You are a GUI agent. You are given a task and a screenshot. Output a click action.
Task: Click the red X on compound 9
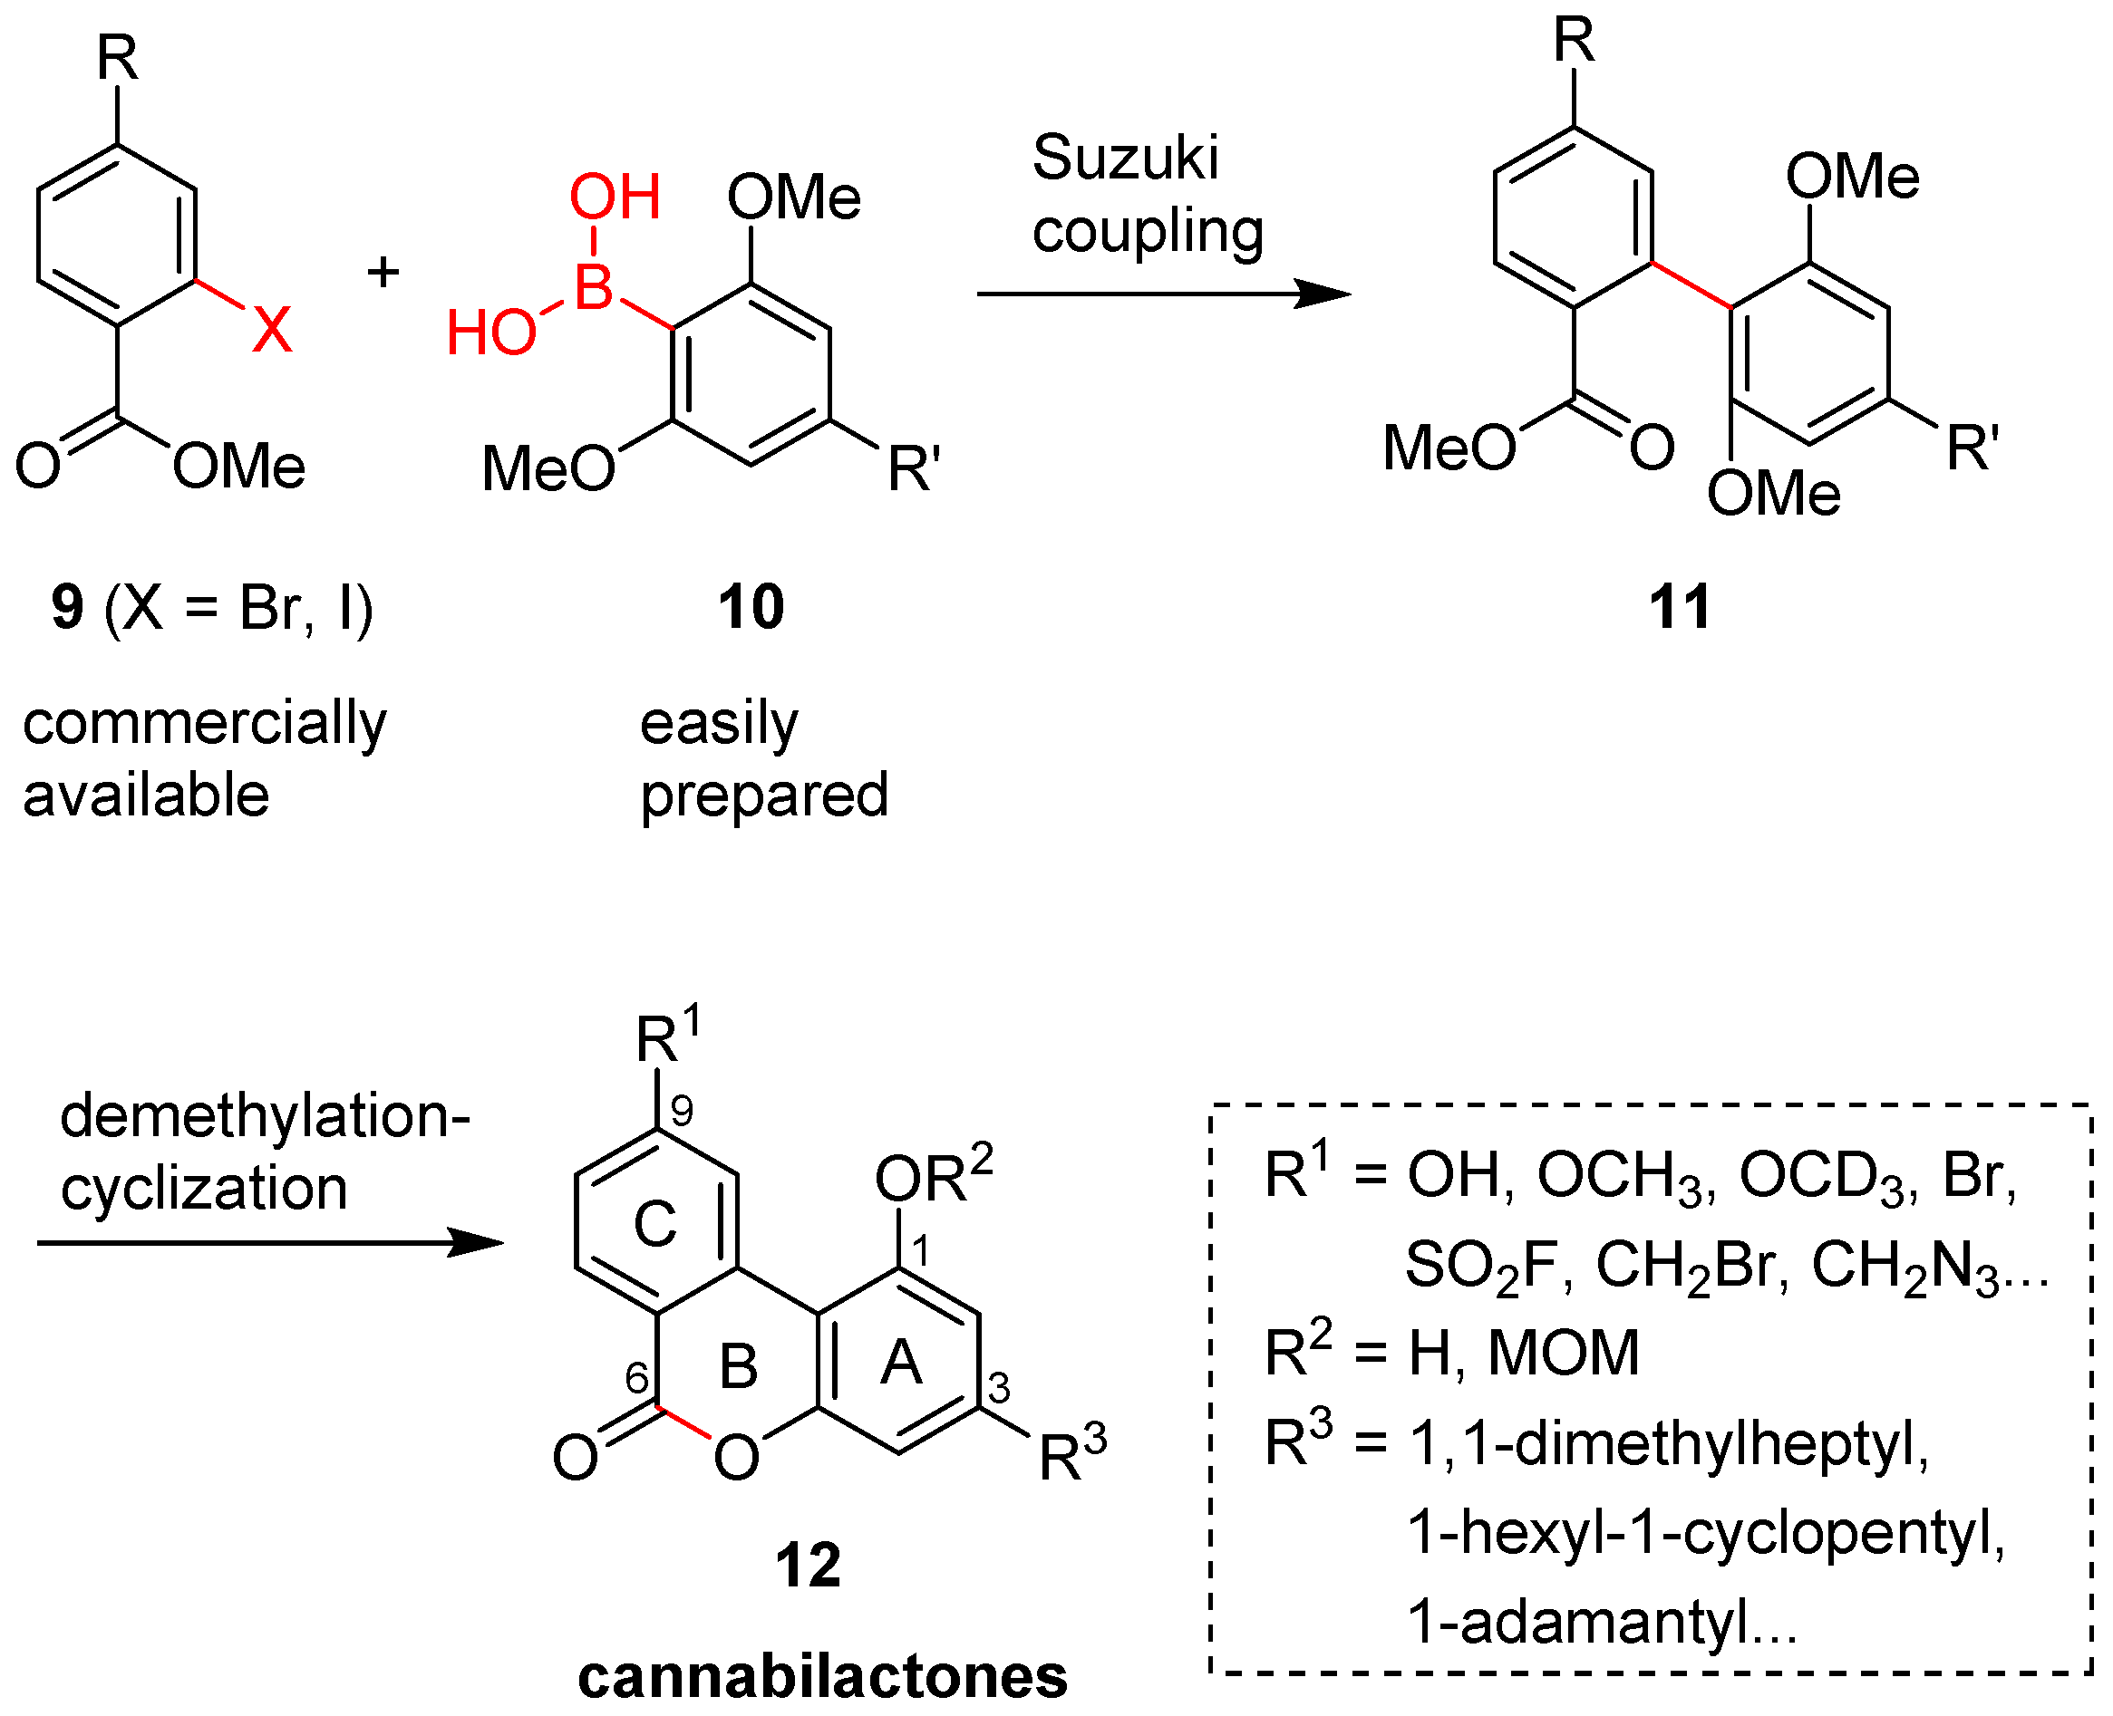[273, 329]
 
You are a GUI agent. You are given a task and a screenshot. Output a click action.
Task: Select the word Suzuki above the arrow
[1125, 159]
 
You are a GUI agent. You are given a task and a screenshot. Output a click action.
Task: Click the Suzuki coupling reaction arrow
[1163, 294]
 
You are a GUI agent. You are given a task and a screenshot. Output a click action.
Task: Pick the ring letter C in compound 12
[654, 1224]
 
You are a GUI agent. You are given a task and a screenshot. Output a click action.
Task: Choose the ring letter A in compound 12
[901, 1364]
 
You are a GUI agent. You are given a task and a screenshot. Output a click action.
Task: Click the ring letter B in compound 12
[739, 1367]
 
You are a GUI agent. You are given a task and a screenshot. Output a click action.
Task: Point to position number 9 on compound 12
[682, 1112]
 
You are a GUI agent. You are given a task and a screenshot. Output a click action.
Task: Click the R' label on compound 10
[913, 468]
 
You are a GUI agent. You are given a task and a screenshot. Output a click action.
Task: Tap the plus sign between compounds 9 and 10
[383, 271]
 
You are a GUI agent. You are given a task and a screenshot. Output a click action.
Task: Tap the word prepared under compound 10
[764, 795]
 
